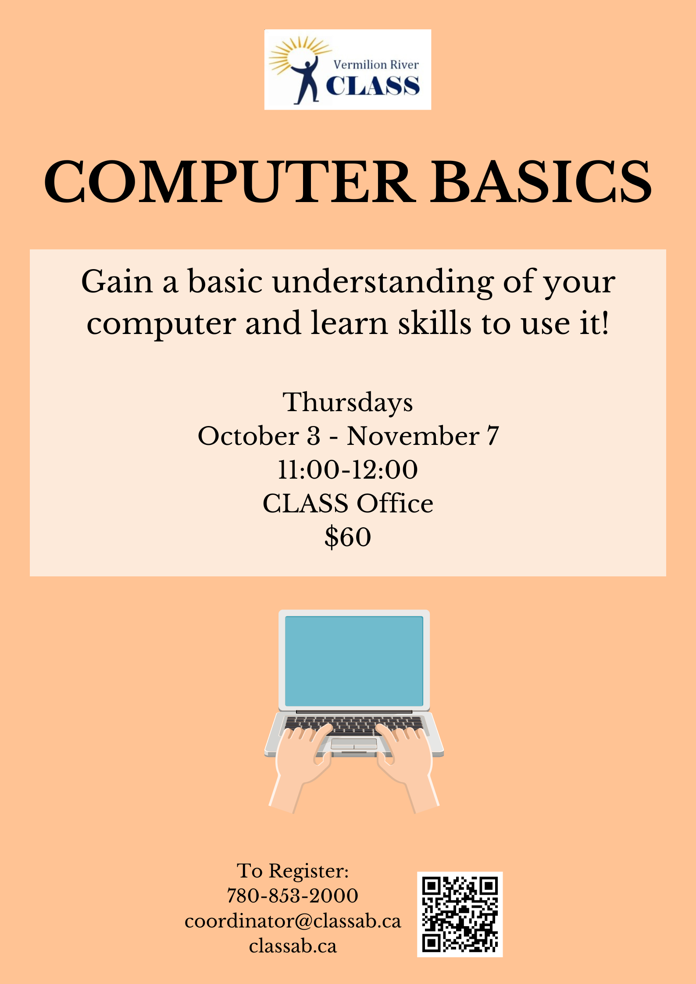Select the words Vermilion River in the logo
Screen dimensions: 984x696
(376, 65)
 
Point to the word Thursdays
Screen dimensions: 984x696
(348, 402)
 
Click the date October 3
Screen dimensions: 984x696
(259, 436)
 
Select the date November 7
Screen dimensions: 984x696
(423, 436)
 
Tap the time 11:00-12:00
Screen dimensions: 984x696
(348, 469)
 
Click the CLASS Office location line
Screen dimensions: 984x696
(348, 503)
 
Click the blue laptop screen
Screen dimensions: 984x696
(354, 661)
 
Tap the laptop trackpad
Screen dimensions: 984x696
(354, 744)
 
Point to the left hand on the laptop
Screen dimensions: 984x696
(303, 758)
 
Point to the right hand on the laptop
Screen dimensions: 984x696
(406, 758)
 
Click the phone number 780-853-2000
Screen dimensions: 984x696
(293, 896)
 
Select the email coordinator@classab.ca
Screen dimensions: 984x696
(293, 921)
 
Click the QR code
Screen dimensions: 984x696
(460, 914)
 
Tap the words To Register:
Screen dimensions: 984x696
(293, 871)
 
